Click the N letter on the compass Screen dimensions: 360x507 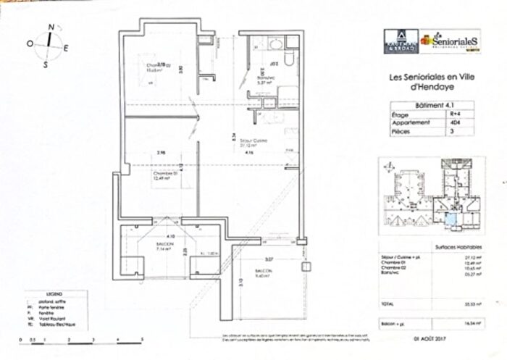(x=51, y=27)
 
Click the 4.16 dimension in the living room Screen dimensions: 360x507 (x=248, y=153)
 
